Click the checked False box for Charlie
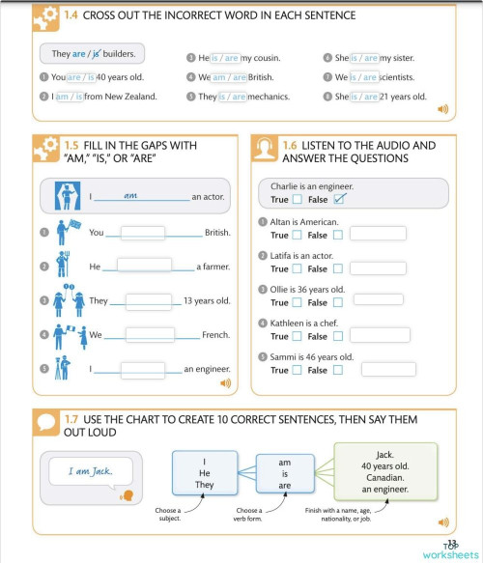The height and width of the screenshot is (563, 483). [338, 200]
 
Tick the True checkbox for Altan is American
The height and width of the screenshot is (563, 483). [298, 234]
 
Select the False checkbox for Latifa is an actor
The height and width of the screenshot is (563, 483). [337, 268]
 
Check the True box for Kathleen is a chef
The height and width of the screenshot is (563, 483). [298, 336]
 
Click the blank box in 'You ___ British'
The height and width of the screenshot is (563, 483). [143, 232]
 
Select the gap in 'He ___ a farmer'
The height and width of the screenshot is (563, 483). [143, 266]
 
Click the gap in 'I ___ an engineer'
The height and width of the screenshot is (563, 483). [143, 369]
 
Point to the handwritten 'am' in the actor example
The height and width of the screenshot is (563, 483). [132, 196]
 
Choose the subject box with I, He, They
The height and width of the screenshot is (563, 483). [205, 473]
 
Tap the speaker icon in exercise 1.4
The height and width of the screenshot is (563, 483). [442, 109]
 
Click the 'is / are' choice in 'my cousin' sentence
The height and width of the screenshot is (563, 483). [219, 58]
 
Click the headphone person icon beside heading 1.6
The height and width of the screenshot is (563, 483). [266, 150]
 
